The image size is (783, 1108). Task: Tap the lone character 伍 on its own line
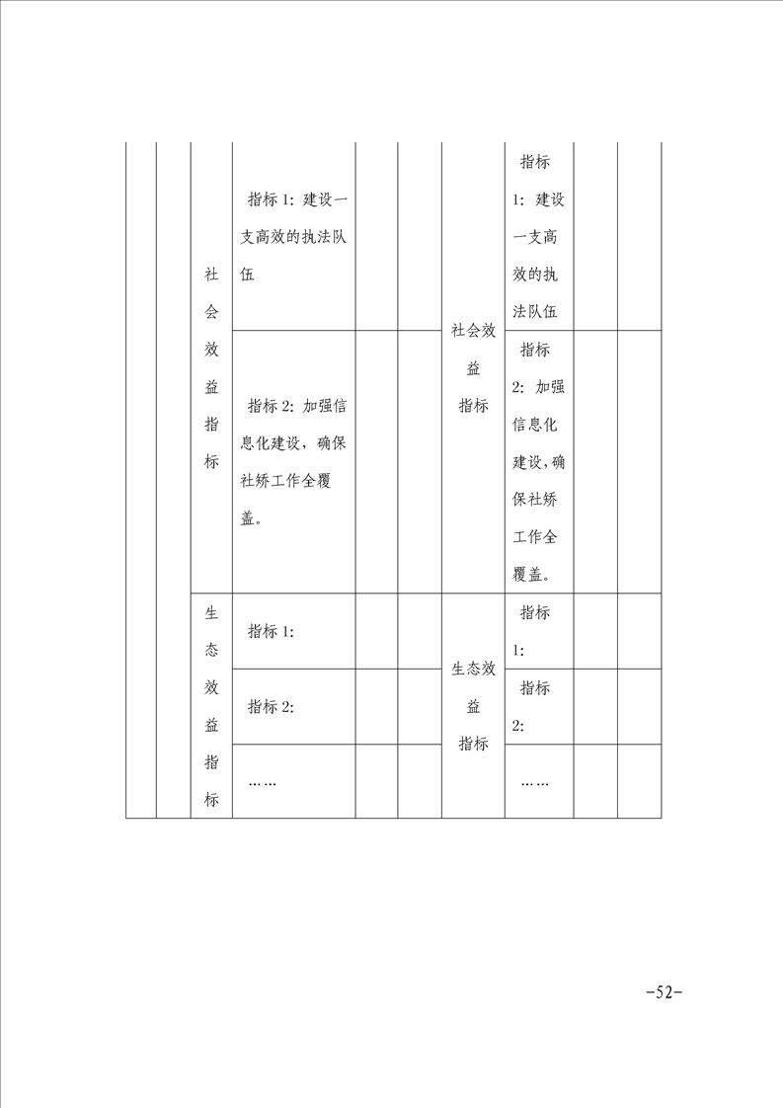pos(248,275)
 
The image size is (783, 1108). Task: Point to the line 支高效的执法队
pos(293,237)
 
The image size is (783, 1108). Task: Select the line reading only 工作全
pos(536,537)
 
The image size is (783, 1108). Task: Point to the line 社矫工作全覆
pos(293,482)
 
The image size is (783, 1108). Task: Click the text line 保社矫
pos(536,500)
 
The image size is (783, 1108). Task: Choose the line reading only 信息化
pos(536,425)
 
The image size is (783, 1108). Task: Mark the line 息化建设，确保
pos(293,444)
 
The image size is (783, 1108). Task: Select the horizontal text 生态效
pos(473,670)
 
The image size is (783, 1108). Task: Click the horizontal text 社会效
pos(473,331)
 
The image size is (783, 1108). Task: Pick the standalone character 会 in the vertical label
pos(211,312)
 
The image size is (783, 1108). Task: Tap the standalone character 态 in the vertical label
pos(211,651)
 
